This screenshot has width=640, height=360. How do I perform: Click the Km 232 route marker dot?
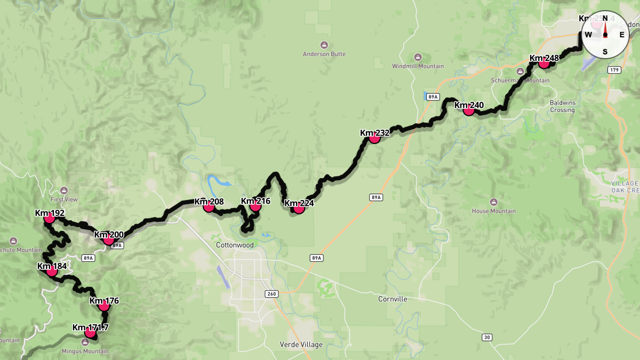(x=374, y=138)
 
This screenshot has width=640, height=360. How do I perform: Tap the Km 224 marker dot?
(x=299, y=208)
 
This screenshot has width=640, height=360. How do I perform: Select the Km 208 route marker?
(x=209, y=206)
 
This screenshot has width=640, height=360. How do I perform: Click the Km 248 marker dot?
(x=544, y=63)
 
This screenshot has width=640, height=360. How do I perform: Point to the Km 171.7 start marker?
(x=90, y=333)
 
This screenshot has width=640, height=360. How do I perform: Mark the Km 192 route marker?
(x=50, y=218)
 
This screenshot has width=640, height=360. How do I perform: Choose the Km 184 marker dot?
(x=52, y=271)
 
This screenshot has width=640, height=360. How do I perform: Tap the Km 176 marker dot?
(x=104, y=306)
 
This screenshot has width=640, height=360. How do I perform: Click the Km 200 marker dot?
(x=108, y=239)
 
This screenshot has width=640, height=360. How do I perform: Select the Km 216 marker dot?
(x=255, y=206)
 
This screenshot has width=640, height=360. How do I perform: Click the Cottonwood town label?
(x=235, y=245)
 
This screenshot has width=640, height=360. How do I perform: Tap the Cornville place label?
(x=393, y=299)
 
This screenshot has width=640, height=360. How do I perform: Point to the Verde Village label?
(x=301, y=345)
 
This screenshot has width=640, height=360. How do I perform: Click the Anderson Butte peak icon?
(x=324, y=45)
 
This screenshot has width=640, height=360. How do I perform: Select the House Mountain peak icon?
(x=493, y=202)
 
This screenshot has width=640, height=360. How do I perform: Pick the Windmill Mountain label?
(x=418, y=66)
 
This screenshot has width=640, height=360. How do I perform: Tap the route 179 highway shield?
(x=614, y=70)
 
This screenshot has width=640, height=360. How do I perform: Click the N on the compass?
(x=605, y=18)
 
